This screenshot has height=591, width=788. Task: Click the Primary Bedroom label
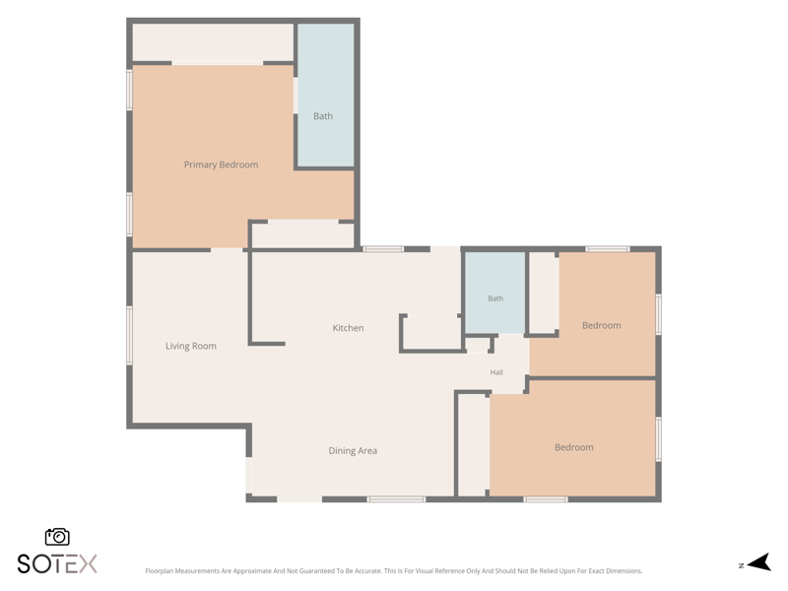[x=221, y=164]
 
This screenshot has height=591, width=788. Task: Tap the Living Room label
[x=191, y=346]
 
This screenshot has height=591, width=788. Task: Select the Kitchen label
[x=348, y=328]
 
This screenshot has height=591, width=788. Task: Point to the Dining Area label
[x=353, y=451]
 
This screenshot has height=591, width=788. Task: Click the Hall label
[x=496, y=372]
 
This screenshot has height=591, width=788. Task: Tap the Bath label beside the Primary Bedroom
[x=323, y=116]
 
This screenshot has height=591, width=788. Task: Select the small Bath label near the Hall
[x=495, y=298]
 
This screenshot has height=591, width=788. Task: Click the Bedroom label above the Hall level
[x=601, y=325]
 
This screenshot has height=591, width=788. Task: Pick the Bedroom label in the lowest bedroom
[x=574, y=447]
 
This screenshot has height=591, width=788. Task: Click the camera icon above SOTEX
[x=57, y=537]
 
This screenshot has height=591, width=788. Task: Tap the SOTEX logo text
[x=57, y=563]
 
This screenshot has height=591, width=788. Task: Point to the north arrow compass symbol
[x=759, y=562]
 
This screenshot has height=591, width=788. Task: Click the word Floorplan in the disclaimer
[x=157, y=571]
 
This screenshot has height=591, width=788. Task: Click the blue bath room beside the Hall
[x=494, y=293]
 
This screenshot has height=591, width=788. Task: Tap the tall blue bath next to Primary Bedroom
[x=326, y=95]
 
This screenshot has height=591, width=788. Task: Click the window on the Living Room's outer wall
[x=129, y=335]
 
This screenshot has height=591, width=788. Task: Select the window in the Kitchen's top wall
[x=383, y=249]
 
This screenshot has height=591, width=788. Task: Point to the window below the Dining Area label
[x=396, y=499]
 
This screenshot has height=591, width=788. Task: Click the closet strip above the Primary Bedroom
[x=213, y=42]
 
